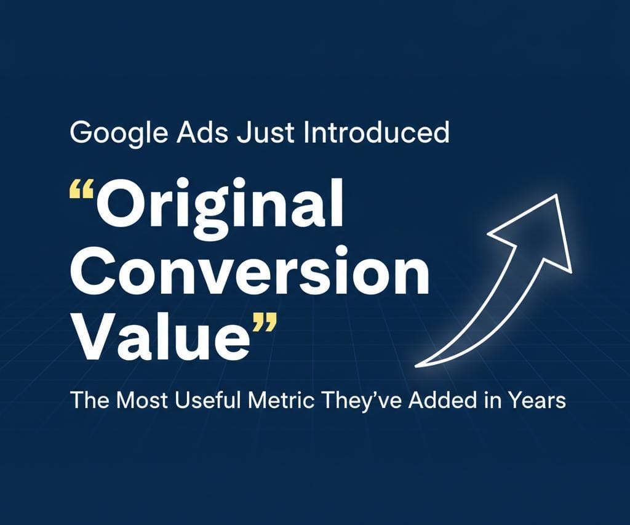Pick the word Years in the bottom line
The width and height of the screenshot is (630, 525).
[x=536, y=401]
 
